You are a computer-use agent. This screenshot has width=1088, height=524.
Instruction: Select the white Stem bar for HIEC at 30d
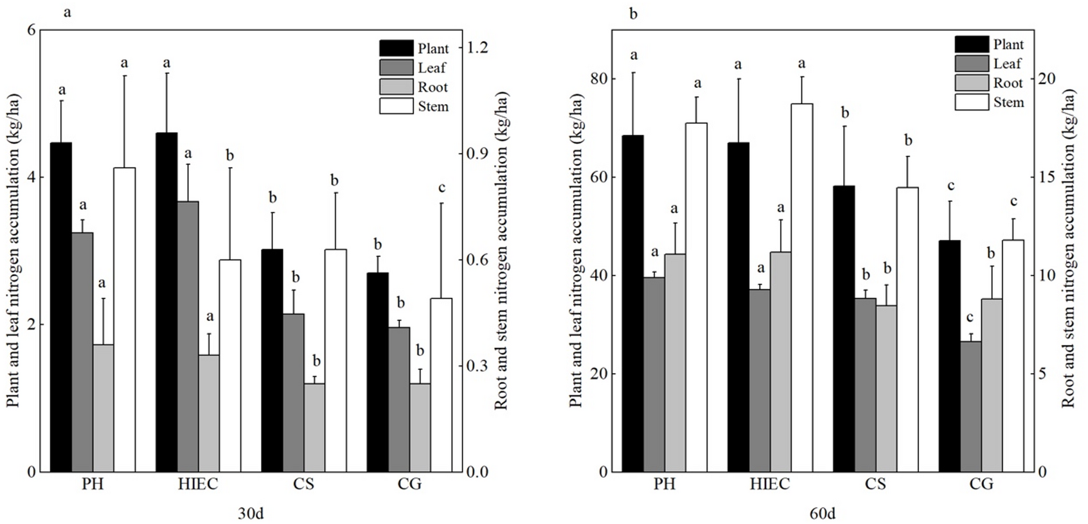(230, 366)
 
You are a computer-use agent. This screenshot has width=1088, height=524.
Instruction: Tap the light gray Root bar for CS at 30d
(314, 428)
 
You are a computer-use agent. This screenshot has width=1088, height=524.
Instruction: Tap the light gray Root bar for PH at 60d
(675, 363)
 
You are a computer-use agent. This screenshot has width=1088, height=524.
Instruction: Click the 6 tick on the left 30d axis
(30, 30)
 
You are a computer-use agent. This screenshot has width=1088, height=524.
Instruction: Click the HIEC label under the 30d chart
(198, 484)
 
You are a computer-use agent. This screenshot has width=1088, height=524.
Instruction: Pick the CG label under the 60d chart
(981, 484)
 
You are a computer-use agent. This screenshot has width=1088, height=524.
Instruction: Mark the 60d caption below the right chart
(823, 514)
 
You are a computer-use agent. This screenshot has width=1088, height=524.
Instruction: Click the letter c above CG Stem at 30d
(441, 188)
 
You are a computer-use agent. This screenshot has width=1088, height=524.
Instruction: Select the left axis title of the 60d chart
(576, 250)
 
